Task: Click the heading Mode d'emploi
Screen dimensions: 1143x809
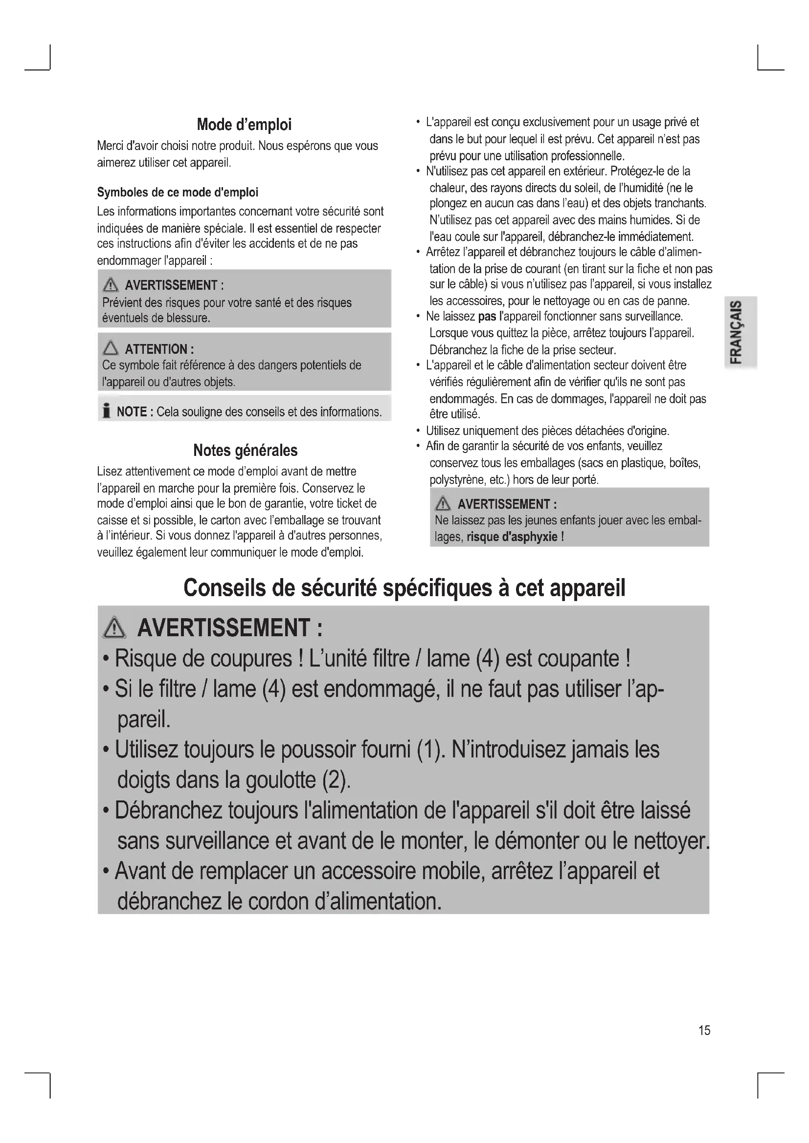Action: point(244,125)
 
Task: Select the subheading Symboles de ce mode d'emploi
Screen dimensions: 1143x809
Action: point(178,192)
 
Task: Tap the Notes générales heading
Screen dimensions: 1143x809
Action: point(245,450)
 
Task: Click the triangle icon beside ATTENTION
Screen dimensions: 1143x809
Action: point(111,348)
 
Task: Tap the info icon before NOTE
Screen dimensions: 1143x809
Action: point(106,411)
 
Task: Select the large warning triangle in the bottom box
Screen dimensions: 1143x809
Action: point(114,628)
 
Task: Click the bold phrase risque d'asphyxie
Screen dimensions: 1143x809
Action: point(512,537)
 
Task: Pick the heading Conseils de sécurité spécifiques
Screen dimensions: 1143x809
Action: point(404,588)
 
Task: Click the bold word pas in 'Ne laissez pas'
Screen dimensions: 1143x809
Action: point(487,317)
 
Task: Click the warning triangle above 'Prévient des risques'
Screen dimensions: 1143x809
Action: point(111,285)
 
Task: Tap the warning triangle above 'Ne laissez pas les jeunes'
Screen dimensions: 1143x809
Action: point(443,504)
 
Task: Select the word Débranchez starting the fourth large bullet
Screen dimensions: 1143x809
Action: point(168,810)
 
